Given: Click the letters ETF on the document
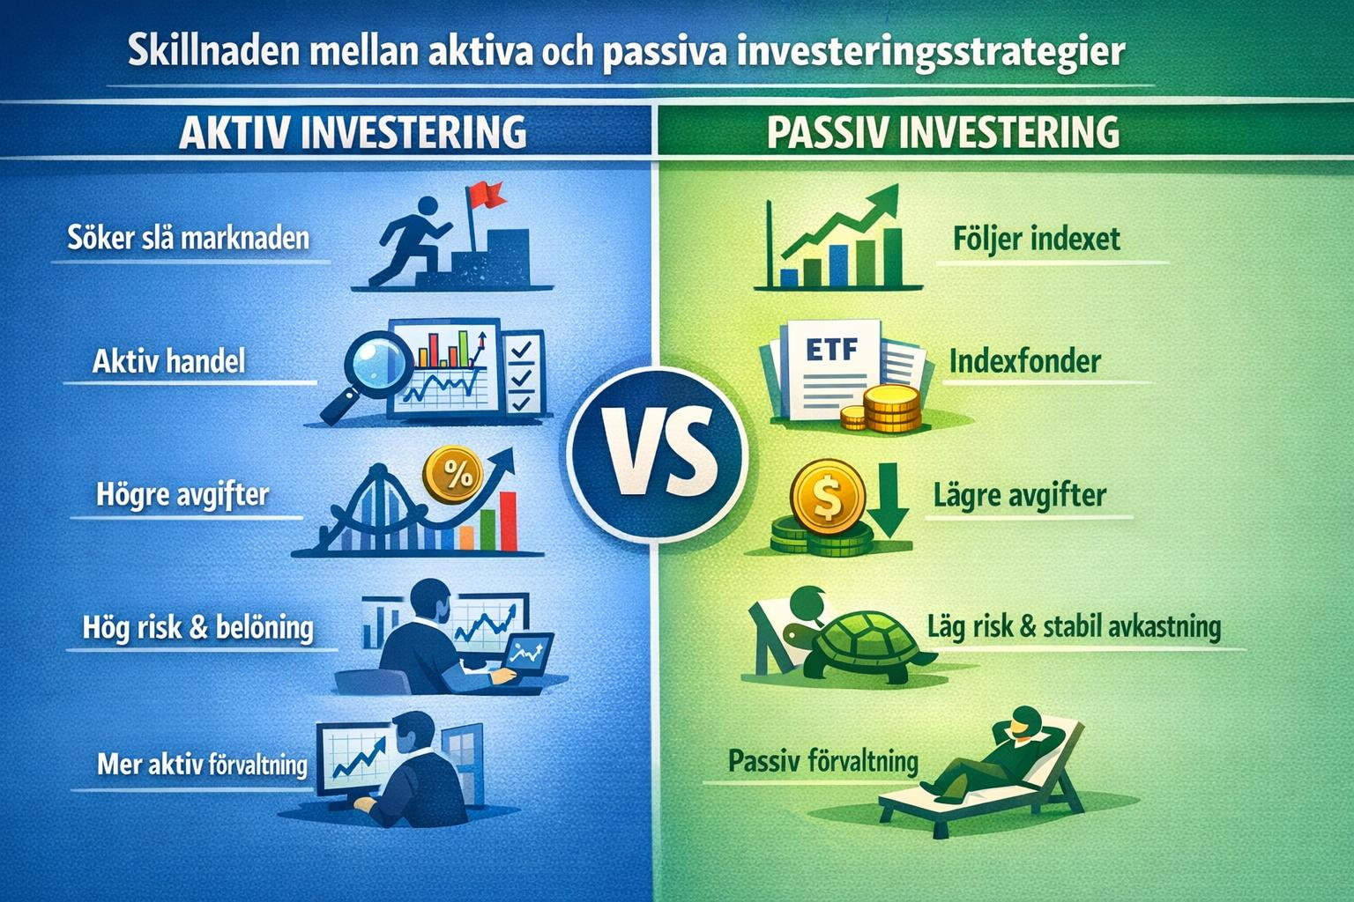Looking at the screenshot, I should click(x=830, y=349).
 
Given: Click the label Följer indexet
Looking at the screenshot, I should click(x=1036, y=239).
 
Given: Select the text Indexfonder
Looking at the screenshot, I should click(x=1024, y=361).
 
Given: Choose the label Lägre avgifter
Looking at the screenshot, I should click(x=1019, y=495).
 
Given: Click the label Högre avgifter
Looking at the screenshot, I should click(x=182, y=495).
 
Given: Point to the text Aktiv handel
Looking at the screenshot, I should click(x=169, y=361).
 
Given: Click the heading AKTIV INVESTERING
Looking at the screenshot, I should click(x=353, y=132).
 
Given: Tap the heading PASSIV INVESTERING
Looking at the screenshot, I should click(x=943, y=132).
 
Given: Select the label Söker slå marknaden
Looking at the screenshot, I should click(x=189, y=238).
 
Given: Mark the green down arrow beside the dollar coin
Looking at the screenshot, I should click(x=889, y=502).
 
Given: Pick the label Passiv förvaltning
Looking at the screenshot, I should click(x=822, y=760).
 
